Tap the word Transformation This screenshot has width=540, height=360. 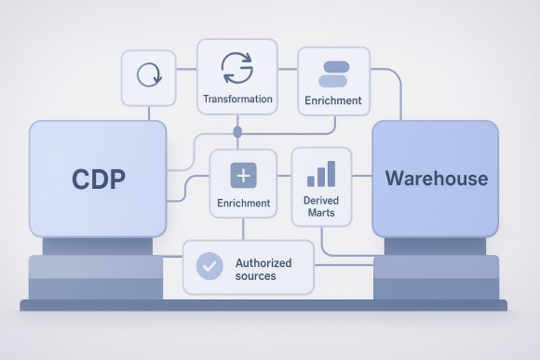236,99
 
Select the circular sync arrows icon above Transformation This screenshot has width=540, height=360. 236,68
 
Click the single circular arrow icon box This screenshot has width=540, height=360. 149,75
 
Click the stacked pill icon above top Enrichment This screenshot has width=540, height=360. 332,73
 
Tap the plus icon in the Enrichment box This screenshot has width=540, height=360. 242,175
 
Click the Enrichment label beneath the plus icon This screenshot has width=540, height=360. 242,202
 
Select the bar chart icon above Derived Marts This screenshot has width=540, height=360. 320,173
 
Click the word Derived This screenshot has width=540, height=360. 320,200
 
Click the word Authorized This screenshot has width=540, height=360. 263,262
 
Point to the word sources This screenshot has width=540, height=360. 256,276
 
